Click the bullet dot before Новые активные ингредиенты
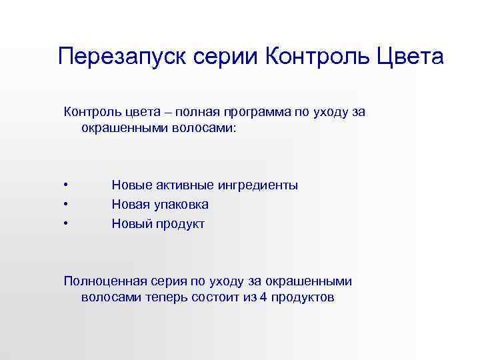(66, 185)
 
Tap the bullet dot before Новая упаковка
(66, 205)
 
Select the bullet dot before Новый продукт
(66, 224)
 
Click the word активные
(179, 185)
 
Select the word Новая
(129, 205)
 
